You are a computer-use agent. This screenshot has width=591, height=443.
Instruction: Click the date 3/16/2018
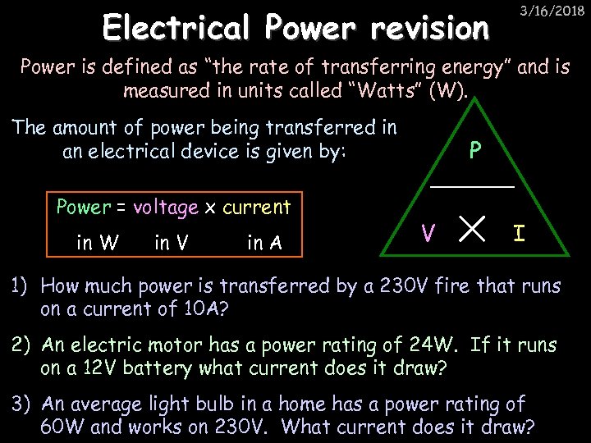[x=551, y=11]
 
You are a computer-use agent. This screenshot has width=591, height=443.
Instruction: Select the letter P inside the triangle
[x=474, y=151]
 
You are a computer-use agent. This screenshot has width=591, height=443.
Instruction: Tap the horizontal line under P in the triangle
[x=472, y=188]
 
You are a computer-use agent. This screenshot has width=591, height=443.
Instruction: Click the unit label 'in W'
[x=97, y=243]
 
